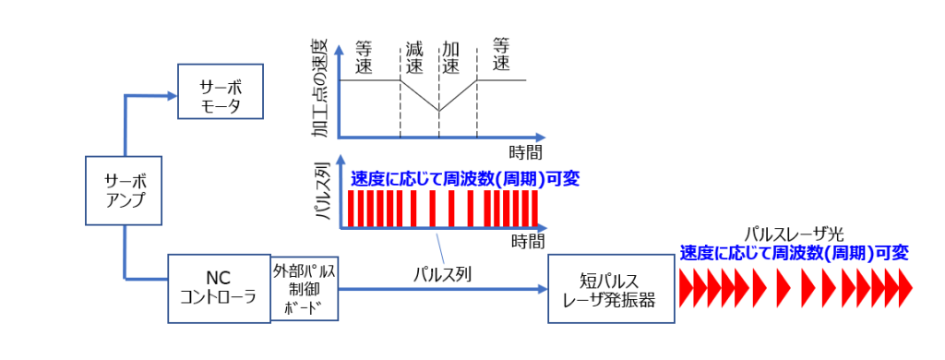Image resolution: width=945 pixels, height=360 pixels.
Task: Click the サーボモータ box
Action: click(221, 90)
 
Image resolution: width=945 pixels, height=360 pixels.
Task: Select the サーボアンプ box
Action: click(124, 191)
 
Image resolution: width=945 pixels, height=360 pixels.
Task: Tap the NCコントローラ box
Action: click(219, 288)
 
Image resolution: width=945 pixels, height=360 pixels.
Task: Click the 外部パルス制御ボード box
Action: click(305, 288)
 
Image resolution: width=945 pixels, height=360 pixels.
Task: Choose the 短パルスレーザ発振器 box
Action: click(611, 288)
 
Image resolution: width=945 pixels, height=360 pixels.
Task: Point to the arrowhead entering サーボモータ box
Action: click(172, 95)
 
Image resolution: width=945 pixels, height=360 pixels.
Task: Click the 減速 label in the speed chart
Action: click(414, 56)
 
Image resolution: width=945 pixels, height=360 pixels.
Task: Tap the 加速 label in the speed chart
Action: click(451, 56)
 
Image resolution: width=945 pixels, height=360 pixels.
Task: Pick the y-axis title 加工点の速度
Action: click(321, 89)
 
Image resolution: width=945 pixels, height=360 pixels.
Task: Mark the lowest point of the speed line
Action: click(438, 111)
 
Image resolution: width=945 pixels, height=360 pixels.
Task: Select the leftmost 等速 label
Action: click(364, 56)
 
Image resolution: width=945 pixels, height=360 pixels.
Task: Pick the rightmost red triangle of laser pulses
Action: click(905, 288)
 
